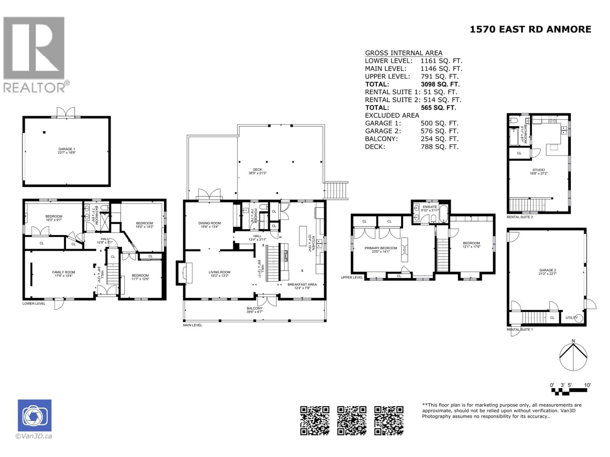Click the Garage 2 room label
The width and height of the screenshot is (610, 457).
coord(547,272)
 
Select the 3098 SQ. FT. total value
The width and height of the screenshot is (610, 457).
coord(440,84)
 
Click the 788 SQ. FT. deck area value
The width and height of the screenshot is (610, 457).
coord(440,147)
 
